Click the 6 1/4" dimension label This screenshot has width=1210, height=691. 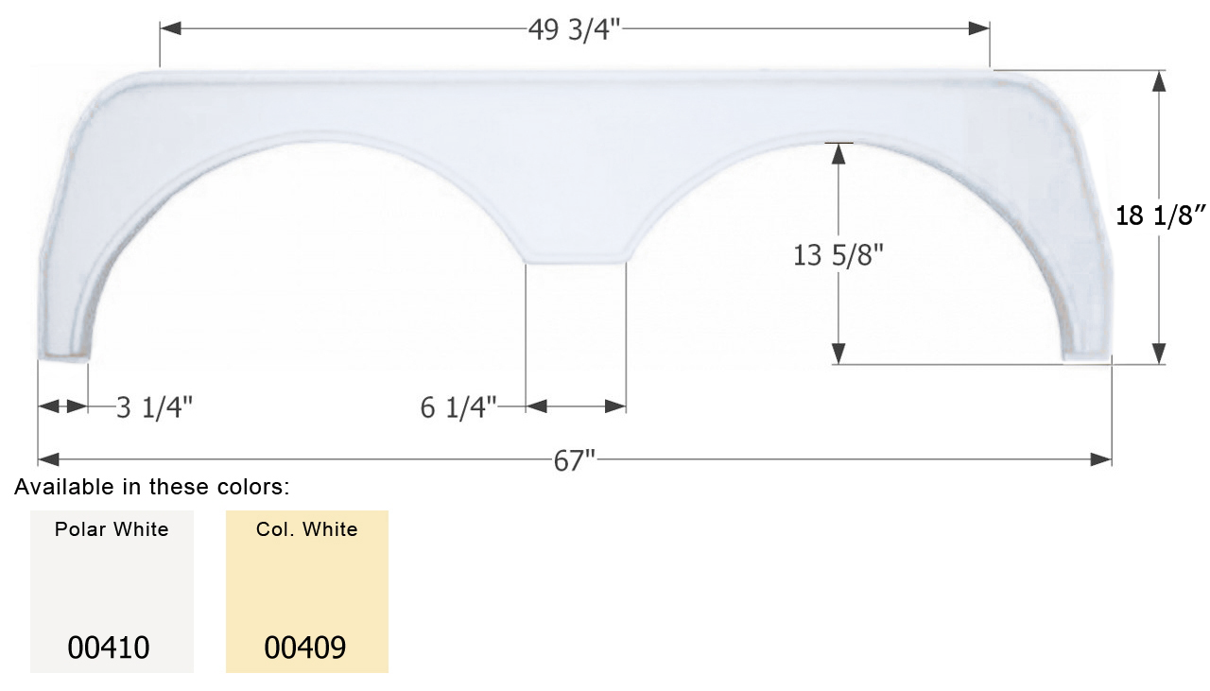point(459,407)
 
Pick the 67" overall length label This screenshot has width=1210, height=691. point(575,460)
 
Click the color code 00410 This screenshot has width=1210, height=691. point(109,648)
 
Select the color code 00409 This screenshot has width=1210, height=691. point(305,648)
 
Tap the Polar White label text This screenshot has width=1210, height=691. point(112,529)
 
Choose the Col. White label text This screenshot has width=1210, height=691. point(306,529)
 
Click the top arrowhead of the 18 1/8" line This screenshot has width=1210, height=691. point(1160,81)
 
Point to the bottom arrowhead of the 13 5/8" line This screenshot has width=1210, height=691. point(838,354)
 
